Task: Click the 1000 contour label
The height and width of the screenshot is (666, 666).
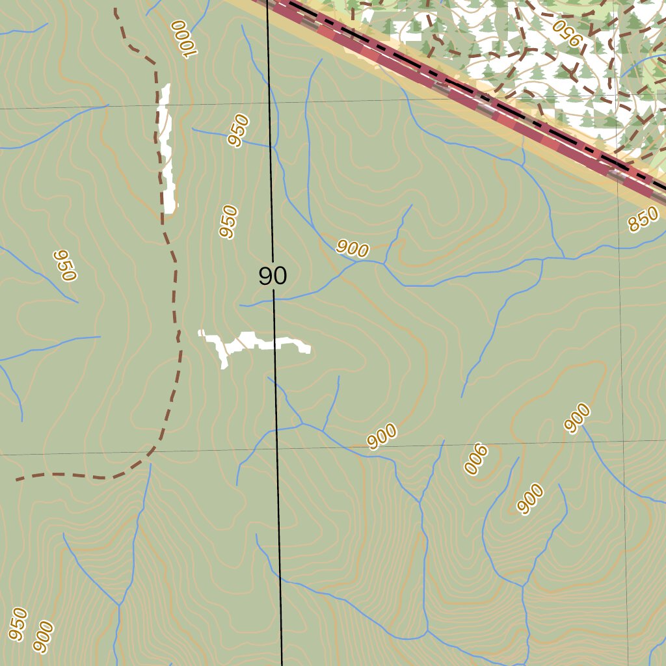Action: point(183,40)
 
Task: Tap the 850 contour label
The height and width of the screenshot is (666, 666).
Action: point(643,222)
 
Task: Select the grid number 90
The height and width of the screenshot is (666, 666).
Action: point(273,276)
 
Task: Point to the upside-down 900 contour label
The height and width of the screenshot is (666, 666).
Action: point(475,460)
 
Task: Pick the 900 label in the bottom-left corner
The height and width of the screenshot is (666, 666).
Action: point(43,637)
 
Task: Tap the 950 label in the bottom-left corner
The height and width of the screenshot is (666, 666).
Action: point(18,623)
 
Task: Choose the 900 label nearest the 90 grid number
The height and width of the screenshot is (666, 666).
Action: point(353,248)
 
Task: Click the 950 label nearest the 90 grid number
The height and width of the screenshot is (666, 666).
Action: point(228,222)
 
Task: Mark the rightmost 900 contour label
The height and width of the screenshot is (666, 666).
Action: point(577,418)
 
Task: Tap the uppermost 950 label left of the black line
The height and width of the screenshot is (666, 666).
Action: point(238,130)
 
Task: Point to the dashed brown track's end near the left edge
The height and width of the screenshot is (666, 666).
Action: point(18,479)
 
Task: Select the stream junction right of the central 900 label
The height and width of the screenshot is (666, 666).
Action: point(384,263)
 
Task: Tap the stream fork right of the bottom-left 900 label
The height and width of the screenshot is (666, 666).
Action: point(119,606)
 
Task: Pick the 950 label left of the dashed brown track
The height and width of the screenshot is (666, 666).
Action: point(65,265)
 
